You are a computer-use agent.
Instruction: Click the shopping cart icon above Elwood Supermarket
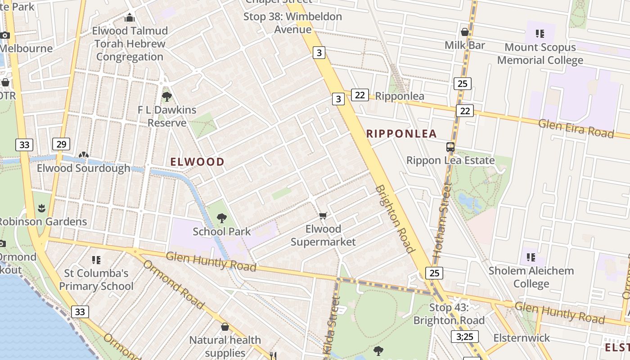(323, 216)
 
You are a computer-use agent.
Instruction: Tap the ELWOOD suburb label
(198, 162)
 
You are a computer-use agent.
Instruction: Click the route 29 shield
(61, 144)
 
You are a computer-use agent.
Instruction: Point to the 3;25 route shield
(464, 337)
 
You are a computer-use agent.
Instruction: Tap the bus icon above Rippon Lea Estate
(450, 147)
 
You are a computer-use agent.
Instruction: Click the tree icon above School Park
(221, 218)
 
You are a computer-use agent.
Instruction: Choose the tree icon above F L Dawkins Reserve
(166, 96)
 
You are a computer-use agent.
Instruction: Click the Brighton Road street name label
(394, 219)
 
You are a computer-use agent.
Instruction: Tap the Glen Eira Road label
(576, 129)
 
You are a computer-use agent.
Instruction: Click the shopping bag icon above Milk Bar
(465, 32)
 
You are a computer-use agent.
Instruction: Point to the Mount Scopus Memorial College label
(540, 54)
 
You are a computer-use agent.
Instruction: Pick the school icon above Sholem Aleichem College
(531, 257)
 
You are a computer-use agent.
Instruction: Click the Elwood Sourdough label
(84, 168)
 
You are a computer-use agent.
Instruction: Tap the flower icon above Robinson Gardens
(42, 208)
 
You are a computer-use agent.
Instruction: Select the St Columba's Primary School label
(96, 279)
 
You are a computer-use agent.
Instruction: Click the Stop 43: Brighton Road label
(449, 314)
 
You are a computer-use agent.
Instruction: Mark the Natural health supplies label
(225, 346)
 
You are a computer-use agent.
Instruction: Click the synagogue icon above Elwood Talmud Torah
(130, 18)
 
